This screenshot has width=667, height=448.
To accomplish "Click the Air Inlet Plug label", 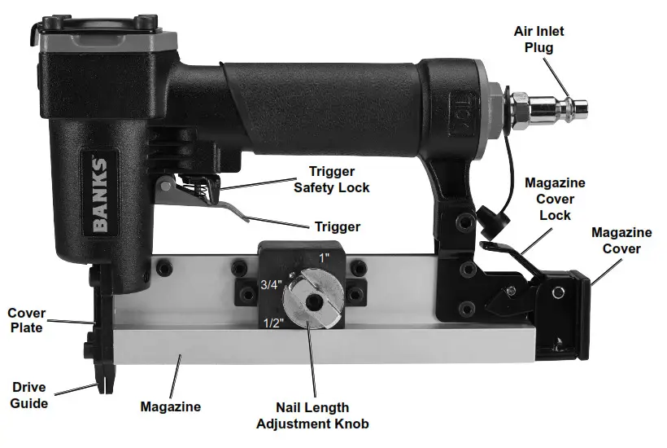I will pyautogui.click(x=538, y=39).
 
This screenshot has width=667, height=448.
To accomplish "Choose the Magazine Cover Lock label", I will pyautogui.click(x=554, y=199).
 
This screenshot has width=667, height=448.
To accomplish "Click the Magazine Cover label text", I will pyautogui.click(x=621, y=240).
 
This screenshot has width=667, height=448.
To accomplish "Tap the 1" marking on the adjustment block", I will pyautogui.click(x=325, y=257).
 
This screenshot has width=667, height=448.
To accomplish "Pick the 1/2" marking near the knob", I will pyautogui.click(x=274, y=323).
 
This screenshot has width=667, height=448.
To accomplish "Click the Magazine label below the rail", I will pyautogui.click(x=170, y=406).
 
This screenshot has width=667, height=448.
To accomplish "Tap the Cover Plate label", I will pyautogui.click(x=26, y=320).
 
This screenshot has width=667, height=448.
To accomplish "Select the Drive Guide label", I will pyautogui.click(x=28, y=394).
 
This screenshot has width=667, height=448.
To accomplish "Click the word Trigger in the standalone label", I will pyautogui.click(x=337, y=226).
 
